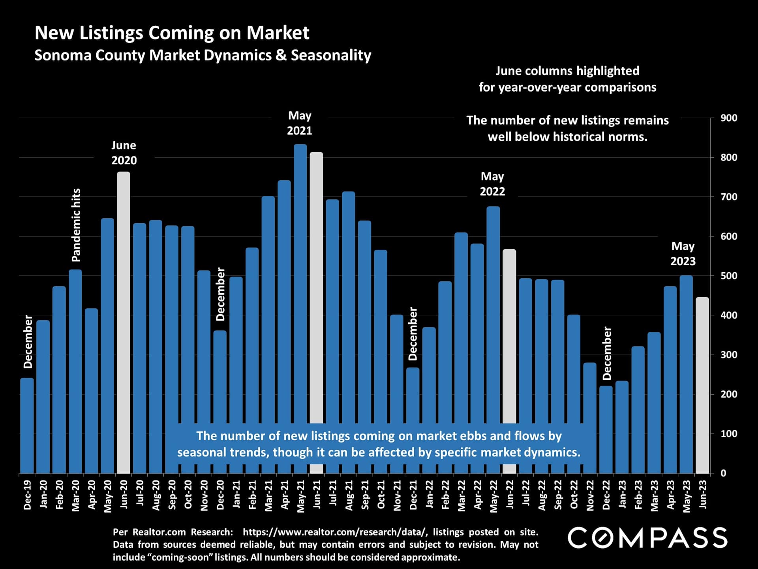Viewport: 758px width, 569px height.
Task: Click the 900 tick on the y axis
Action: click(729, 118)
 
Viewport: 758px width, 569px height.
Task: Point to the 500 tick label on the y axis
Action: click(729, 276)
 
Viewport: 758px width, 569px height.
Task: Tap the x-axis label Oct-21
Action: click(381, 495)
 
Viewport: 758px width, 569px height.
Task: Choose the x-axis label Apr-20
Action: click(92, 495)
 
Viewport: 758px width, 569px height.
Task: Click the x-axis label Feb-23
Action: click(638, 495)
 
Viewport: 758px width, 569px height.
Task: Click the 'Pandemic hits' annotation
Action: click(76, 225)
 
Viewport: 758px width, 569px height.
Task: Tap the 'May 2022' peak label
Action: click(492, 184)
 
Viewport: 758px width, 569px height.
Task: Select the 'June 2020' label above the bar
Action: click(124, 153)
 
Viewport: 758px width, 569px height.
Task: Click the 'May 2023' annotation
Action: click(683, 254)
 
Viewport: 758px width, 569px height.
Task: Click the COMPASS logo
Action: click(647, 538)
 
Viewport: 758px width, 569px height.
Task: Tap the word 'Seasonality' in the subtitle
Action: click(331, 55)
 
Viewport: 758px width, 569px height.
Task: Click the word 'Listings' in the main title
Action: click(111, 33)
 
